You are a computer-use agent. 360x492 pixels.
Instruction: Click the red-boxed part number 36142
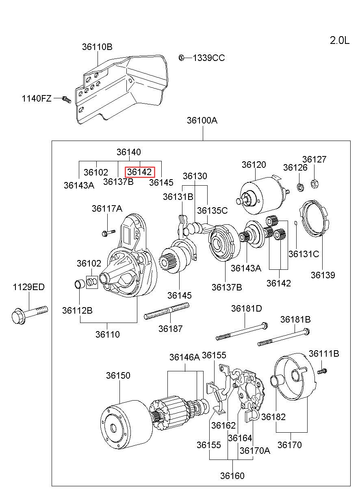(139, 172)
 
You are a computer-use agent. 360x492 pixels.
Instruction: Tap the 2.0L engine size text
(339, 40)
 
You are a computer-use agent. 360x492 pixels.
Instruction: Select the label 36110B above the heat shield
(97, 47)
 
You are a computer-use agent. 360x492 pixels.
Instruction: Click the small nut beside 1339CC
(182, 57)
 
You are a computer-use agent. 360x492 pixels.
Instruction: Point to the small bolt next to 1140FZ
(67, 99)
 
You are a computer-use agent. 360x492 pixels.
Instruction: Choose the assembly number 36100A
(202, 120)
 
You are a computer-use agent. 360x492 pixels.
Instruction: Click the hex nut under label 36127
(314, 184)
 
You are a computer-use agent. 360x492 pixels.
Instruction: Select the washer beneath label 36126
(300, 187)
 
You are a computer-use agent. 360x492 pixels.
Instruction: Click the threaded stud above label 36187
(167, 312)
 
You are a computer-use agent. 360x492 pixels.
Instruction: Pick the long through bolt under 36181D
(242, 331)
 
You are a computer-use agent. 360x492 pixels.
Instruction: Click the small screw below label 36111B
(322, 371)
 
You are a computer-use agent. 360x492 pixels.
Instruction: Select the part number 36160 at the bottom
(232, 475)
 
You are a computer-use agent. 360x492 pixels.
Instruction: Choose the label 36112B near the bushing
(77, 310)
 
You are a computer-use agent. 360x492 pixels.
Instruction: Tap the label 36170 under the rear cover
(290, 445)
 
